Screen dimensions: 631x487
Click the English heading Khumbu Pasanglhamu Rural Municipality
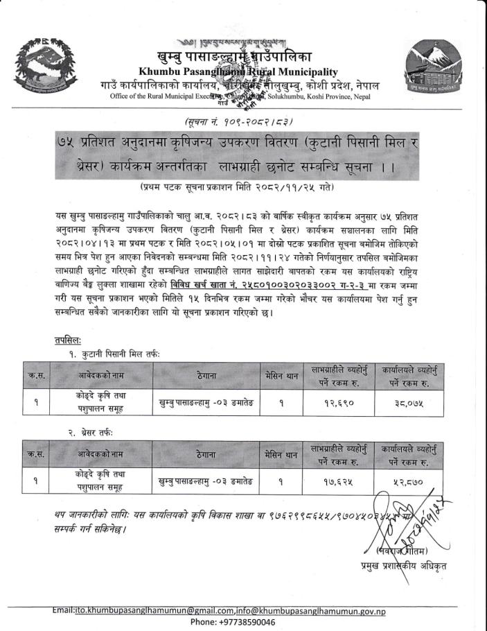(x=238, y=71)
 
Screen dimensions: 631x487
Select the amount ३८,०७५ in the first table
(x=407, y=401)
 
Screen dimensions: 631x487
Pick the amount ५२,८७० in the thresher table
(x=407, y=479)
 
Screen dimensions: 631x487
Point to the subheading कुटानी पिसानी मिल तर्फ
(x=114, y=354)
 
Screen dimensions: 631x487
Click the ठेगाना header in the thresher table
(x=205, y=453)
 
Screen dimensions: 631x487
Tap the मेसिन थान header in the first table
(x=281, y=375)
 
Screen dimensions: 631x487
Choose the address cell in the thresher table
(x=205, y=479)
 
